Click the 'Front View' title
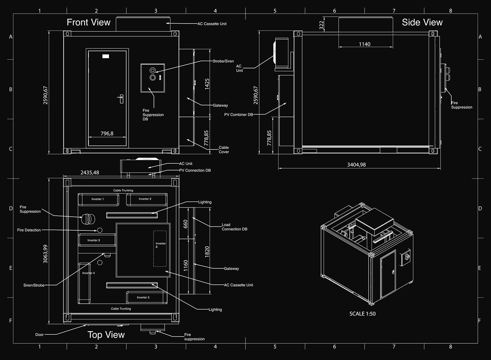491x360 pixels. (89, 22)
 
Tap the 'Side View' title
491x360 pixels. (422, 22)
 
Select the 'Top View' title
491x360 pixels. (106, 335)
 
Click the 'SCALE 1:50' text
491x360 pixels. (363, 314)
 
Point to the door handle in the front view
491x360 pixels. (121, 99)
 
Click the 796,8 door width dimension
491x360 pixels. (107, 134)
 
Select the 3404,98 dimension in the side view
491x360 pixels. (356, 165)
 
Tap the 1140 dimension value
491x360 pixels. (365, 44)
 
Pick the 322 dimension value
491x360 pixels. (321, 25)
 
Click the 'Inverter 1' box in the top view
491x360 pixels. (99, 200)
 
